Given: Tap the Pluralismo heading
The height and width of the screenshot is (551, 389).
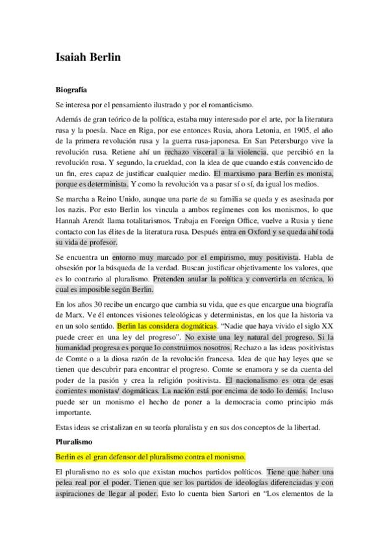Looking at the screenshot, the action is pyautogui.click(x=73, y=441).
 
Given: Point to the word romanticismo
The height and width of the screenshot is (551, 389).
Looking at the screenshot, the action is pyautogui.click(x=227, y=105).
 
